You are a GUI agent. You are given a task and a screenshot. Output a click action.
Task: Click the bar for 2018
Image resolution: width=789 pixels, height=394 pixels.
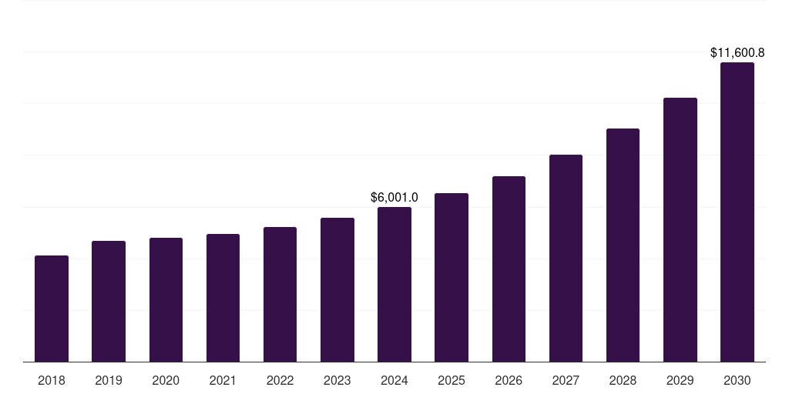[52, 309]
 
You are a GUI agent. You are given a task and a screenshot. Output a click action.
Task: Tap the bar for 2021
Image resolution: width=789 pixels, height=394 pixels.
[223, 298]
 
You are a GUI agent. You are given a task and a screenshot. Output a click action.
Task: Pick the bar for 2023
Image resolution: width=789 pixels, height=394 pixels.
[337, 290]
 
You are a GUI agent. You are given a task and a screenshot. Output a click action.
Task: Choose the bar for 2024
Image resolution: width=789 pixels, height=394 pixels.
[394, 285]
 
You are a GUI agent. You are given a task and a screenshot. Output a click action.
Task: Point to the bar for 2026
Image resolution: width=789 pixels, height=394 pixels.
[509, 269]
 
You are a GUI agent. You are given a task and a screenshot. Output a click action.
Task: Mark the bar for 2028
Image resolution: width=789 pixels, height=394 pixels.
[623, 245]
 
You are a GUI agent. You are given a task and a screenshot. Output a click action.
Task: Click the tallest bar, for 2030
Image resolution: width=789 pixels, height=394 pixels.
[737, 212]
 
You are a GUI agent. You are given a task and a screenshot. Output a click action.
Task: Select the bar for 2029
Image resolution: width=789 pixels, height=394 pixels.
[680, 230]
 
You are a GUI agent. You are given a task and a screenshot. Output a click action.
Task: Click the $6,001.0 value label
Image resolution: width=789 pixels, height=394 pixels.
[394, 198]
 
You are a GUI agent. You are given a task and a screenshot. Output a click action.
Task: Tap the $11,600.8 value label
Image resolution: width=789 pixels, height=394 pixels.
[737, 53]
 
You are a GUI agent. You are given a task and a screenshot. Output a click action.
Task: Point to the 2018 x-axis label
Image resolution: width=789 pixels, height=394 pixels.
[52, 380]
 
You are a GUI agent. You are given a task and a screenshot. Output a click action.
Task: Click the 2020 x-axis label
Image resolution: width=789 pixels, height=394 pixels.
[166, 380]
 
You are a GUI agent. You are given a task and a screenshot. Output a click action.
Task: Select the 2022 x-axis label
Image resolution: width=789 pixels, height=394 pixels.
[280, 380]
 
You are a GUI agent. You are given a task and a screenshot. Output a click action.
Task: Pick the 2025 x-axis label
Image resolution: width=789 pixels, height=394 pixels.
[452, 380]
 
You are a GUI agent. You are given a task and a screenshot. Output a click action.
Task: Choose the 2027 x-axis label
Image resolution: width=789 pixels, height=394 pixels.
[566, 380]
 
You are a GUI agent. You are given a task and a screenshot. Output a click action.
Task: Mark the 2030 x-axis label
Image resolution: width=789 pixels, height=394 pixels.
[737, 380]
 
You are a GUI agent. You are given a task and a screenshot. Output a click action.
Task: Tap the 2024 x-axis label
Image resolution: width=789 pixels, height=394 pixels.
[394, 380]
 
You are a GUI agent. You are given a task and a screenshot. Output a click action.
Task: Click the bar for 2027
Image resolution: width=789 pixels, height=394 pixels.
[566, 259]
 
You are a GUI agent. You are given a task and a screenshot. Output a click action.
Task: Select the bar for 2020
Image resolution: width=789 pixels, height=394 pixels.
[166, 300]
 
